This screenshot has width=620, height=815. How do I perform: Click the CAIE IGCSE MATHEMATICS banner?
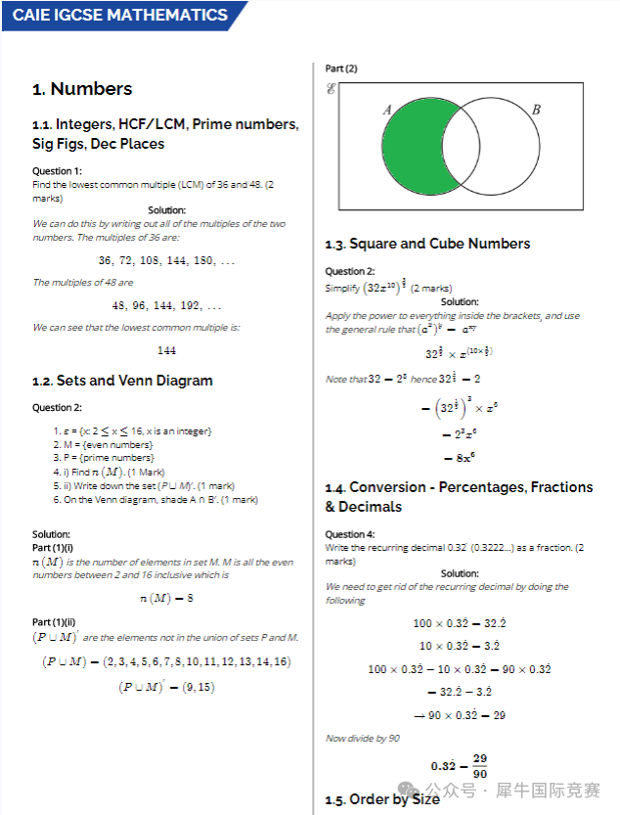pos(120,16)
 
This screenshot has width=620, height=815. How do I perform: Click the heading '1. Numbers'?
pos(82,89)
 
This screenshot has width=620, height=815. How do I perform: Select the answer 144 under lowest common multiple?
pos(166,350)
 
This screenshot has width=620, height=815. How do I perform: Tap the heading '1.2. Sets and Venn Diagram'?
pos(122,381)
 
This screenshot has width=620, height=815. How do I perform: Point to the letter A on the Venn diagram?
pos(387,110)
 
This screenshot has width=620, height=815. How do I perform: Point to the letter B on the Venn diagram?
pos(536,110)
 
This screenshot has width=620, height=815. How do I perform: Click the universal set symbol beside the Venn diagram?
pos(332,90)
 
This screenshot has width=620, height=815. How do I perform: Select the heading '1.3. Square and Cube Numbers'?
pos(427,244)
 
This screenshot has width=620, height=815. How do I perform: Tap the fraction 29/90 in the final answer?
pos(479,765)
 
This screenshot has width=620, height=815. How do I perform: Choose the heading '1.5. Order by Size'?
pos(382,799)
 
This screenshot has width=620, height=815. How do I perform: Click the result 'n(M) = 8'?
pos(166,598)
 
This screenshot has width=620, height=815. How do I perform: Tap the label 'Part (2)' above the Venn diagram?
pos(341,68)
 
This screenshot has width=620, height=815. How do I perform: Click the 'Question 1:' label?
pos(57,171)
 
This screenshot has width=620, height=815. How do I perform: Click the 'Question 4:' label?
pos(350,534)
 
